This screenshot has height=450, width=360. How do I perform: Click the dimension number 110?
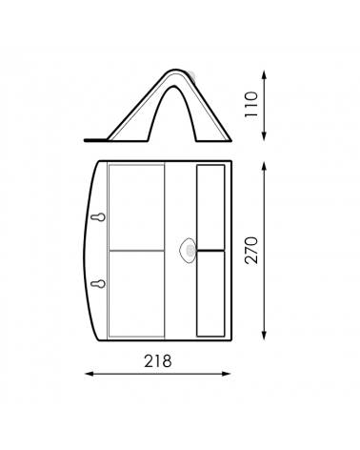pos(251,104)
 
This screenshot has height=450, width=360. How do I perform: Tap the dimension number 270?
pos(251,250)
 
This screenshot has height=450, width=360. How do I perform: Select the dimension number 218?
pos(158,361)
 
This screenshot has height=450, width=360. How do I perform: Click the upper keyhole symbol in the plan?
pos(98,217)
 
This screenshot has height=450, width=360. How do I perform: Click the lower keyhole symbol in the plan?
pos(98,284)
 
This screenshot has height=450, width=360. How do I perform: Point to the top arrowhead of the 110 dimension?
pos(264,75)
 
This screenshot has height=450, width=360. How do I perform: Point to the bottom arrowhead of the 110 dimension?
pos(264,136)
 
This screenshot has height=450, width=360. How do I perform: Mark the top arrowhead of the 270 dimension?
pos(264,166)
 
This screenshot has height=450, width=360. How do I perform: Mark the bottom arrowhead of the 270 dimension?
pos(264,336)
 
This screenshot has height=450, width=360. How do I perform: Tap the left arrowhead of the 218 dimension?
pos(90,374)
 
